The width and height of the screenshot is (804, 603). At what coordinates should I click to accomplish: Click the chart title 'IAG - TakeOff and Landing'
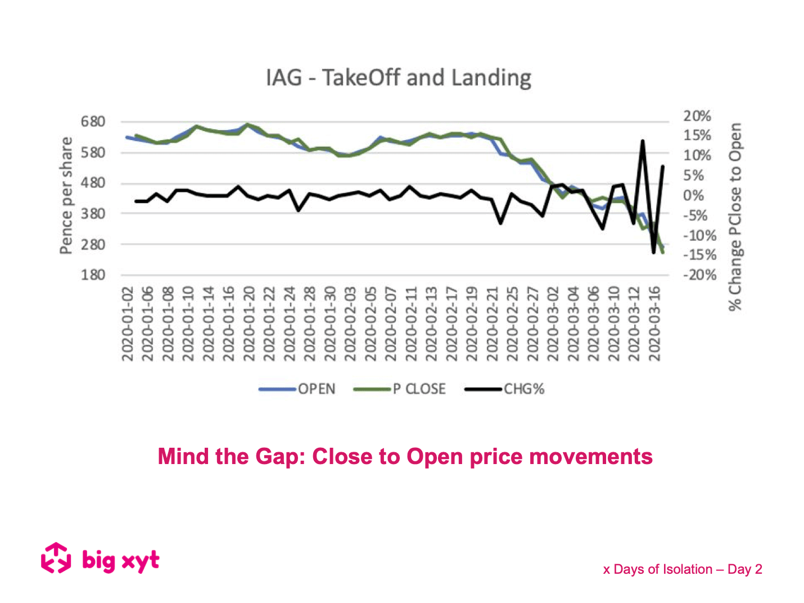point(398,78)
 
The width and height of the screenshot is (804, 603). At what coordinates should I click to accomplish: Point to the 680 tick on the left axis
point(93,121)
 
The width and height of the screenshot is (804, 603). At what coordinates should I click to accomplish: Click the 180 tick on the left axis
point(93,275)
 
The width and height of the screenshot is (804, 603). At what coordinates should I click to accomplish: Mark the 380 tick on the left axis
point(93,214)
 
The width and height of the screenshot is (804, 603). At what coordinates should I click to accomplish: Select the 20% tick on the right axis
point(697,116)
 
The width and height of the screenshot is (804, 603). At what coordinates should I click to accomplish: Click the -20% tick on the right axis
point(699,275)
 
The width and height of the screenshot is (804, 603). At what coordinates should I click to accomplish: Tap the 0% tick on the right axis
point(694,196)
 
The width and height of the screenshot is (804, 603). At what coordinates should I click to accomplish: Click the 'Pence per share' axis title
point(66,195)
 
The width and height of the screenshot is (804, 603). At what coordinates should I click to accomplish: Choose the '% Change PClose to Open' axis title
point(735,217)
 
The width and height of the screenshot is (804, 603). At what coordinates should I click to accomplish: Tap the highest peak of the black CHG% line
point(642,141)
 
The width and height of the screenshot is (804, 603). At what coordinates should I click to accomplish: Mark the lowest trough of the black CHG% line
point(653,253)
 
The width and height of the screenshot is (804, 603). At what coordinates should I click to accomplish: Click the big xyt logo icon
point(56,558)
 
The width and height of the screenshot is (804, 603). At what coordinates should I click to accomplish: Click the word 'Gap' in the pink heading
point(281,456)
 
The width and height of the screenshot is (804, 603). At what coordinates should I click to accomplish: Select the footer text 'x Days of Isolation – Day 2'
point(683,569)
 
